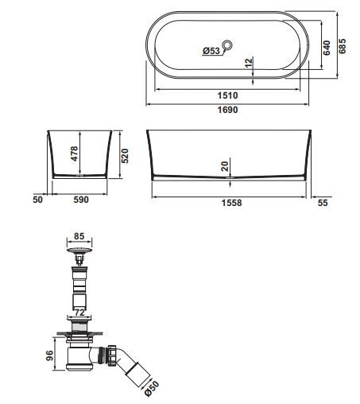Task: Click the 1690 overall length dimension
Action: [227, 110]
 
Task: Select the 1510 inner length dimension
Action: [227, 95]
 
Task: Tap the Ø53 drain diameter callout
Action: [211, 50]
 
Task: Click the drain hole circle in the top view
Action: [227, 45]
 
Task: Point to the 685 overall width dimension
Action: [343, 46]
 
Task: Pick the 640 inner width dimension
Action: [327, 48]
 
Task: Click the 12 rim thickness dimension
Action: [249, 63]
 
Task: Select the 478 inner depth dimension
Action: [75, 153]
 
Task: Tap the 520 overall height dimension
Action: [125, 156]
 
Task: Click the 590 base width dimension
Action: [81, 200]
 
